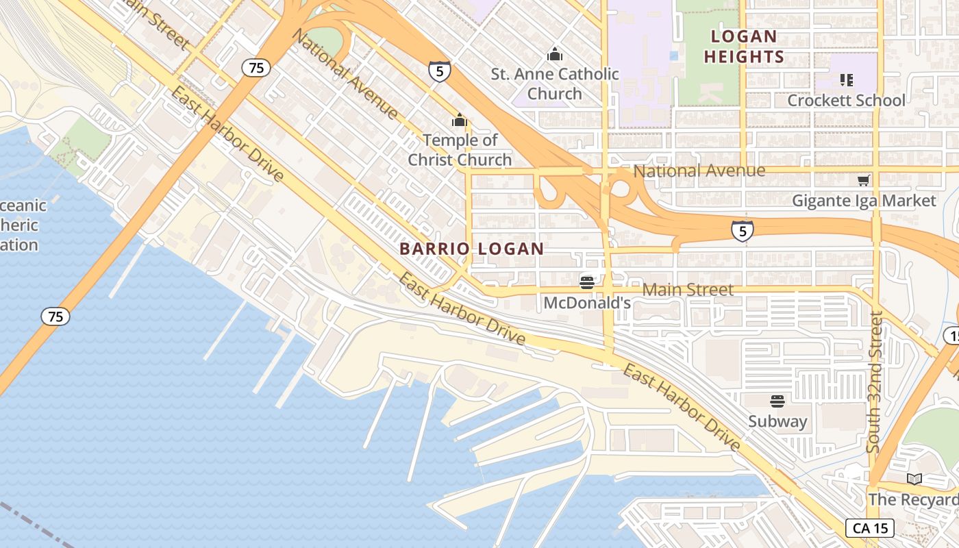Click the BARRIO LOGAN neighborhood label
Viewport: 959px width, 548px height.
471,249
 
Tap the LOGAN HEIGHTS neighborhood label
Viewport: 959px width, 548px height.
743,47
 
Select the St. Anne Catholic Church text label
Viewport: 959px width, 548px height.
555,84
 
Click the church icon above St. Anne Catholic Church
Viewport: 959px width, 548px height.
555,54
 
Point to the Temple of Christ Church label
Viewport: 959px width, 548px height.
460,150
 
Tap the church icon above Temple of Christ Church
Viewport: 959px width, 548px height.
459,121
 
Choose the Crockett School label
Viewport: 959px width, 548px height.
846,100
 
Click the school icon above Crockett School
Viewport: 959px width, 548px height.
847,80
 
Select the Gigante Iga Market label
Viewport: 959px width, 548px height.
864,201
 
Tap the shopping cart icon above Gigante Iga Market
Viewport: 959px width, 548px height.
864,180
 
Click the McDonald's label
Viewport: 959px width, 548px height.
586,302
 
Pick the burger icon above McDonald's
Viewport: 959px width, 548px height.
586,282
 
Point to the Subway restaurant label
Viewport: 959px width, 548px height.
777,421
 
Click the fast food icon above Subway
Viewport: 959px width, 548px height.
777,401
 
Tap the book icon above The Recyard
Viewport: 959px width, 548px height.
914,479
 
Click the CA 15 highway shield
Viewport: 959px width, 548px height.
870,528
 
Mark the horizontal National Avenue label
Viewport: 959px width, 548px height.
699,171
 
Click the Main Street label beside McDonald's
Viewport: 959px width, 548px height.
688,290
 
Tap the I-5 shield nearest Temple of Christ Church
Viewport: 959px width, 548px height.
439,71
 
